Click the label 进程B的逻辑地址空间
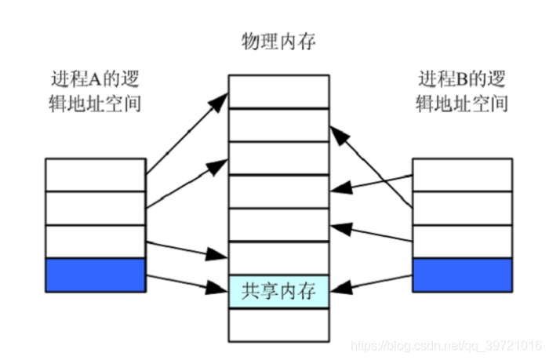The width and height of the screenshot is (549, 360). coord(461,92)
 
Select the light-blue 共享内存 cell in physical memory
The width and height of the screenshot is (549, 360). coord(278,292)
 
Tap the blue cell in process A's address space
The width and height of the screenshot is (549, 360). coord(95,275)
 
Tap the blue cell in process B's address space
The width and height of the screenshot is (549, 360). coord(462,275)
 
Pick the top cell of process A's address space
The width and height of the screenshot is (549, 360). coord(95,174)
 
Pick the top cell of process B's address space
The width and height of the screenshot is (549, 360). coord(462,174)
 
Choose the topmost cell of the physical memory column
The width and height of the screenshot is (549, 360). coord(278,91)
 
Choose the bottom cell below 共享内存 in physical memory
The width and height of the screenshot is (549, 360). coord(278,325)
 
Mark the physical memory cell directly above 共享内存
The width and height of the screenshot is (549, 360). coord(278,258)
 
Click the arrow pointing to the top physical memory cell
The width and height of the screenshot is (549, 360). coord(185,133)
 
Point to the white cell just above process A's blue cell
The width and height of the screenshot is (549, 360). coord(95,241)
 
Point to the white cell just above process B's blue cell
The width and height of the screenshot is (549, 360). coord(462,241)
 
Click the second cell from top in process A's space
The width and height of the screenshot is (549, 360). coord(95,207)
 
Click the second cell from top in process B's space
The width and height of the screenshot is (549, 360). coord(462,207)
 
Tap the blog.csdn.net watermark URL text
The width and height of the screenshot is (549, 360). coord(445,345)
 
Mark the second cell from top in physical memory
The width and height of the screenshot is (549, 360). coord(278,125)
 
